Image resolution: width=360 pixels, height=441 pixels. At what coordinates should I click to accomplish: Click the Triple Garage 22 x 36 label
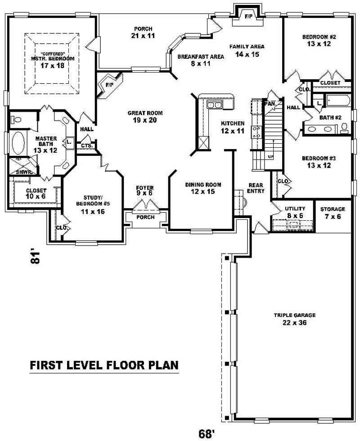295,319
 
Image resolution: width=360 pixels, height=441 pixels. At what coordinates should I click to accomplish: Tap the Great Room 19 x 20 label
145,117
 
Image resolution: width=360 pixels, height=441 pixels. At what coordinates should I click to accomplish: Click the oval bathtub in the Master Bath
18,144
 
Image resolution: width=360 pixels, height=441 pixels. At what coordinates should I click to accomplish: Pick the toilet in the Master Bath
16,120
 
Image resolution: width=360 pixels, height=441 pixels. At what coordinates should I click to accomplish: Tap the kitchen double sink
214,105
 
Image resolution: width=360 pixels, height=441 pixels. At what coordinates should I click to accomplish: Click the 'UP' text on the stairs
270,156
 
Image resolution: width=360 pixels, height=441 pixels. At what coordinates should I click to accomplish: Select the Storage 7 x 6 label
333,213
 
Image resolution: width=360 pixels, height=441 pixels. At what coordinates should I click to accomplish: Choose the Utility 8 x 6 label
295,212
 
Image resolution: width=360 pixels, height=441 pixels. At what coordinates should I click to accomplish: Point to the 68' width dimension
206,433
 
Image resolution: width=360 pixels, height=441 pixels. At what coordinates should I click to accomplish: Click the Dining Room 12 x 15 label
203,188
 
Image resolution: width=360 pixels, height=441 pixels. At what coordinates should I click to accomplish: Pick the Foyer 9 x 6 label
145,191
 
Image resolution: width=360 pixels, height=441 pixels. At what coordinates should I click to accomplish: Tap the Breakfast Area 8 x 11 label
200,60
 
